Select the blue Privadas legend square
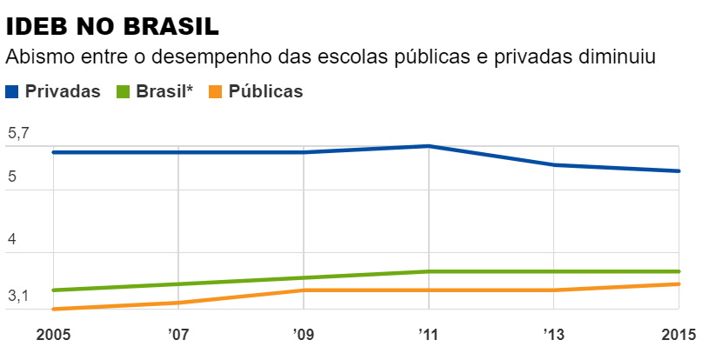tap(12, 91)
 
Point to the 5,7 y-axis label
tap(18, 134)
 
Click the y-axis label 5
tap(12, 176)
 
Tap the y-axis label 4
tap(12, 239)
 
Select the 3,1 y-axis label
tap(18, 297)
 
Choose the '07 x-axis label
tap(178, 335)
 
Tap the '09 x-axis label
tap(304, 335)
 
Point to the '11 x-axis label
tap(429, 335)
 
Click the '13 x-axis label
tap(554, 335)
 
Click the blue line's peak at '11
tap(429, 146)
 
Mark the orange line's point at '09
tap(304, 290)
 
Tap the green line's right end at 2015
tap(679, 271)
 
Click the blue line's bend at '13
tap(554, 164)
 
